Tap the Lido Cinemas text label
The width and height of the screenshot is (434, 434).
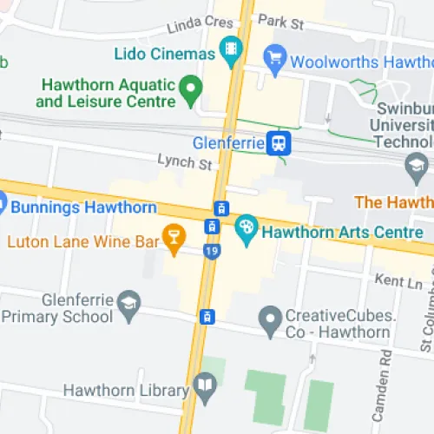(x=164, y=54)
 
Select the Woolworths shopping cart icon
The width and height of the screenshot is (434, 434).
(x=276, y=59)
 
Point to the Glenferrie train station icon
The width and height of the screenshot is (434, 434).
(x=279, y=143)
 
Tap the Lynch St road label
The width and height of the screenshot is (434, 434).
(x=184, y=162)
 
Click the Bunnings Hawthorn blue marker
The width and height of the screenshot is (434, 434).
(x=2, y=207)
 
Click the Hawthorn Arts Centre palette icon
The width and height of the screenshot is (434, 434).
(x=247, y=229)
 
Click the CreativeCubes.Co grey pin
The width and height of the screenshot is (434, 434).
(x=271, y=322)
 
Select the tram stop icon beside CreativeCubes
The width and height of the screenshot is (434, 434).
(x=207, y=316)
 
